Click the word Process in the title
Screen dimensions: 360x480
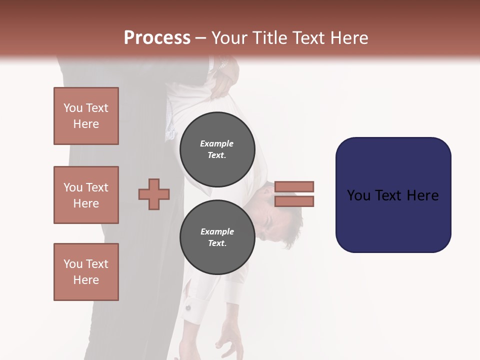[x=157, y=38]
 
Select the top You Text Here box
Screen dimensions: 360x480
[x=86, y=116]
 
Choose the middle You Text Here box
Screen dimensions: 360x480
[x=86, y=195]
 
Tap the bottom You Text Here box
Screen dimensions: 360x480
[x=86, y=272]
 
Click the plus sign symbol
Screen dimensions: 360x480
[x=154, y=194]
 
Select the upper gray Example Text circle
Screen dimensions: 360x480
[x=217, y=149]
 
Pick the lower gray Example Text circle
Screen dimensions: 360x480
[x=217, y=237]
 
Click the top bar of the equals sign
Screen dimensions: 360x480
[x=294, y=186]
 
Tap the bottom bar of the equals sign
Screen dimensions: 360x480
[x=294, y=201]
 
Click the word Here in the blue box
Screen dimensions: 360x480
[x=422, y=195]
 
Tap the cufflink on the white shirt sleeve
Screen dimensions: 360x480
[x=188, y=307]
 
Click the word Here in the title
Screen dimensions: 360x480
[x=349, y=38]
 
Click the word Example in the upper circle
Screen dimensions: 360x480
[x=216, y=143]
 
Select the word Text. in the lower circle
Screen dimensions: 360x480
[x=217, y=243]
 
